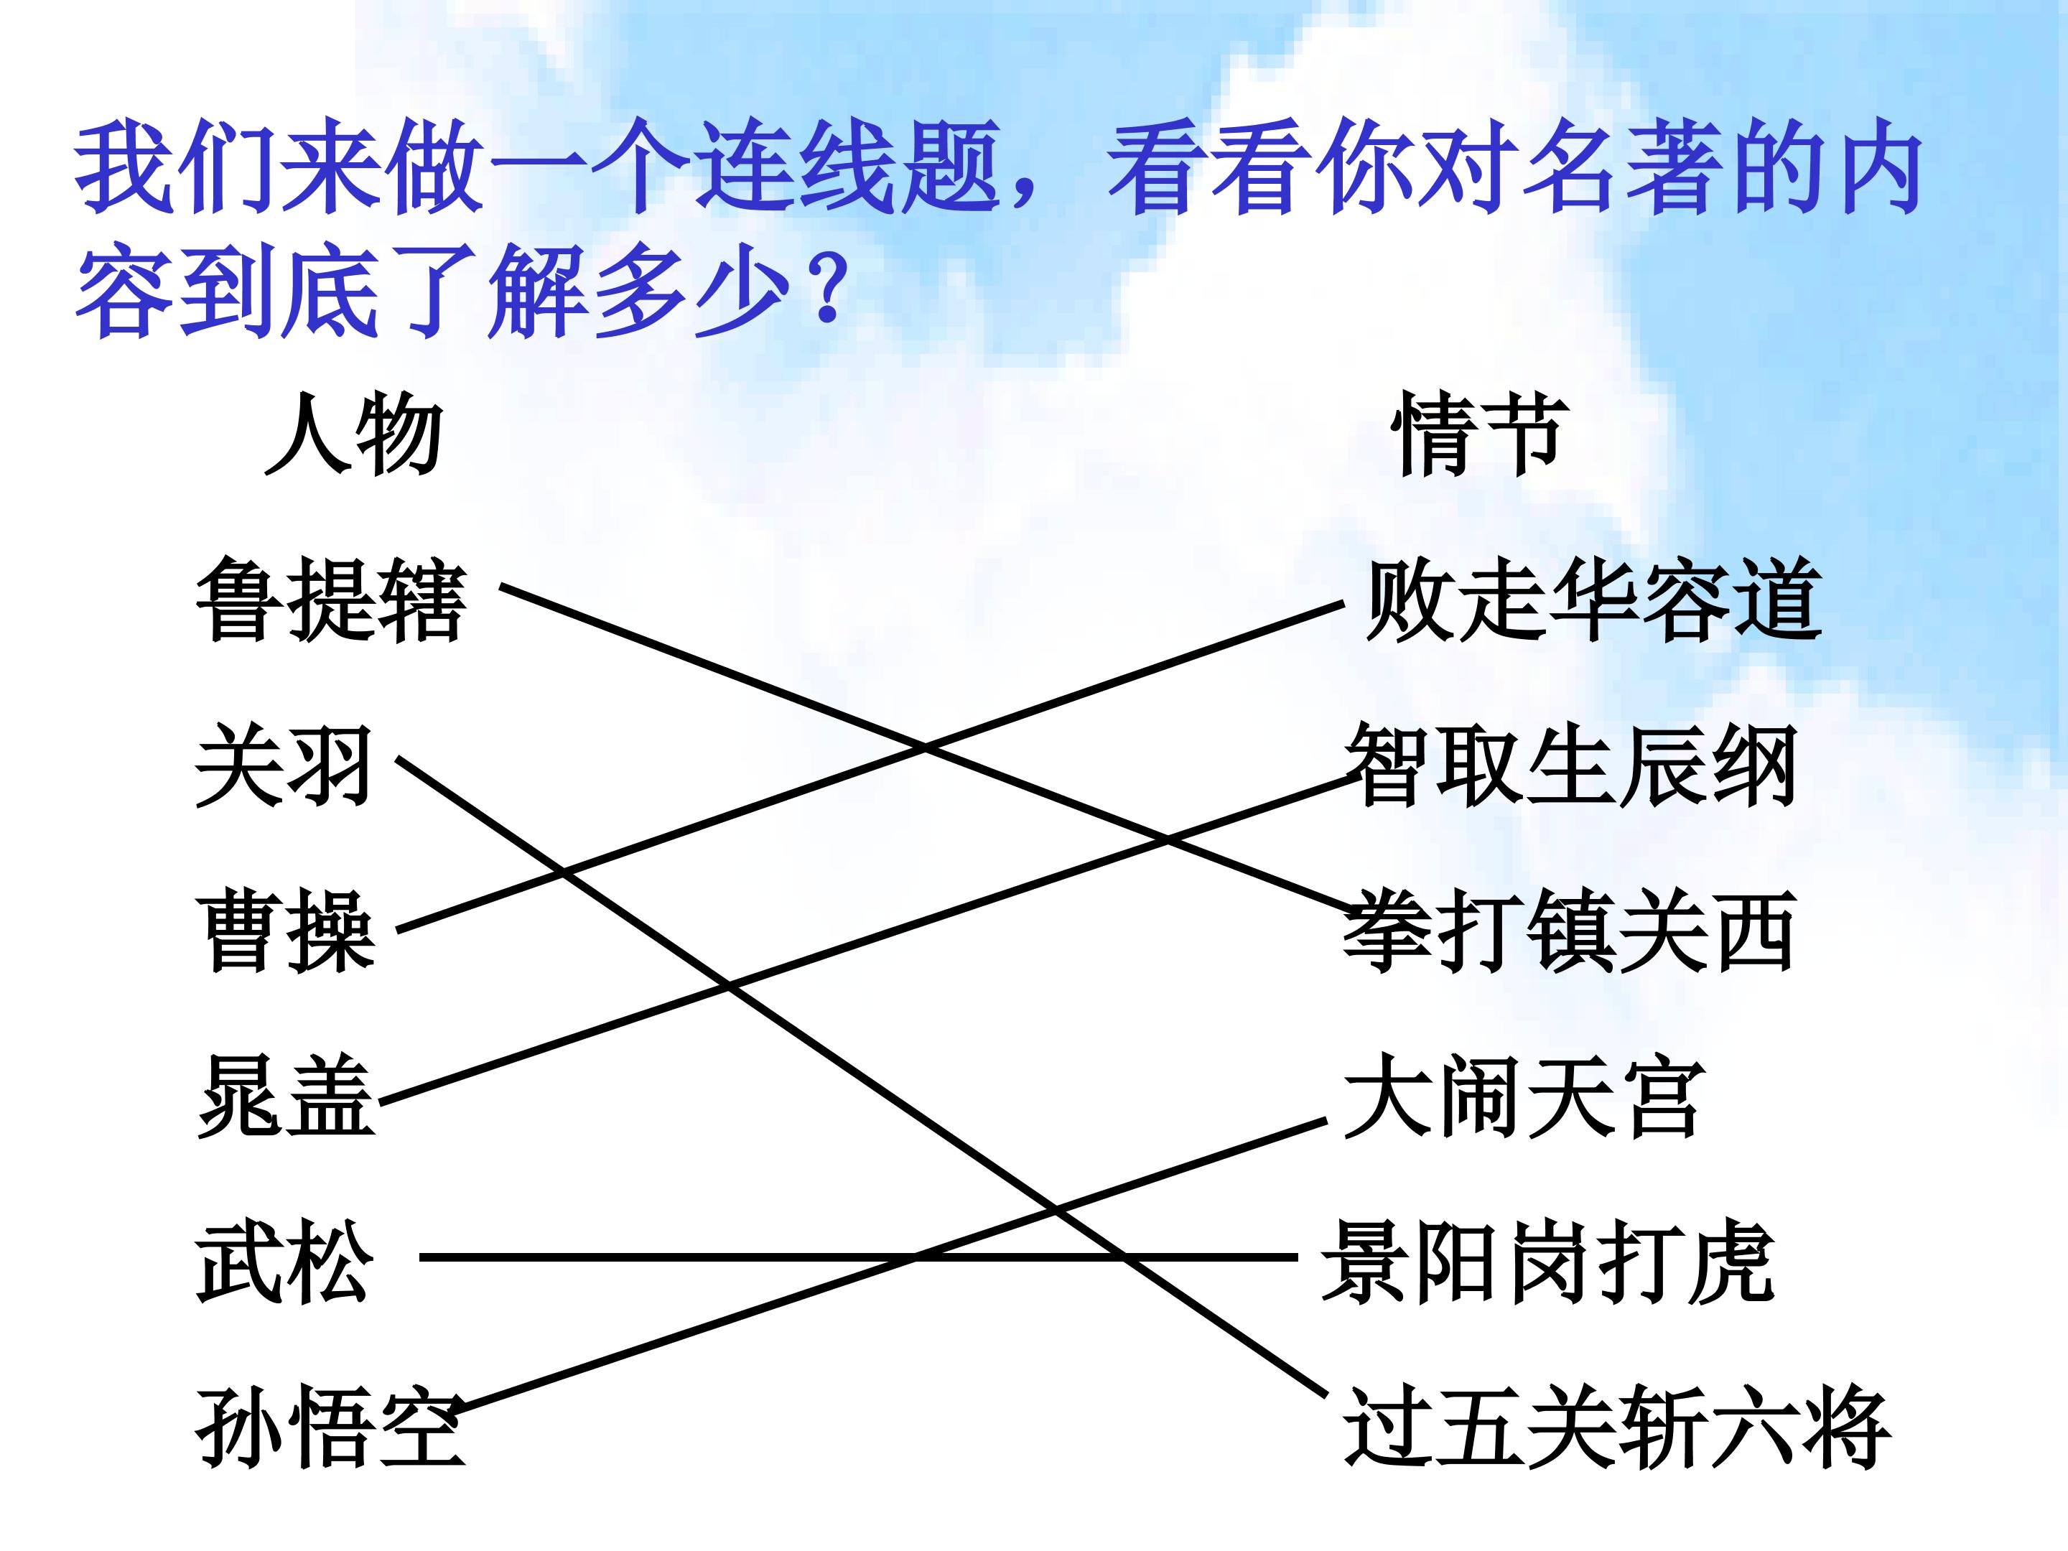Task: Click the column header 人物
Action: pyautogui.click(x=353, y=434)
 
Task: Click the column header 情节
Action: pyautogui.click(x=1479, y=434)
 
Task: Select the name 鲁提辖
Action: pyautogui.click(x=332, y=600)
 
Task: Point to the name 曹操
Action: pyautogui.click(x=286, y=932)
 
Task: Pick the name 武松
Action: pyautogui.click(x=285, y=1263)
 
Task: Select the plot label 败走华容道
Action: pyautogui.click(x=1593, y=600)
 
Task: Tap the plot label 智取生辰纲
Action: pyautogui.click(x=1570, y=767)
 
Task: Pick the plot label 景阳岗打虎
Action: pyautogui.click(x=1548, y=1263)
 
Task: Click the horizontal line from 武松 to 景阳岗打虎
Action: pyautogui.click(x=858, y=1257)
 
